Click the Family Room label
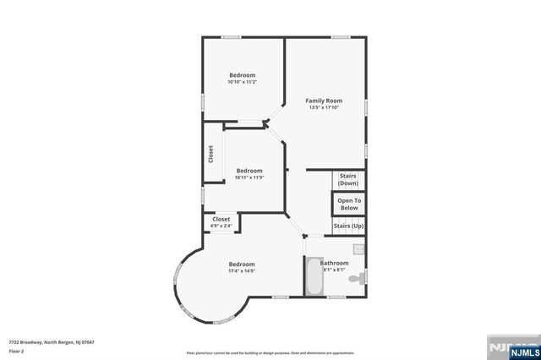(324, 101)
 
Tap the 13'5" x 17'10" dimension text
(324, 107)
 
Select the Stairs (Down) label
(348, 179)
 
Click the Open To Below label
(348, 204)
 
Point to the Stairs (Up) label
(348, 226)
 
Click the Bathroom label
(334, 263)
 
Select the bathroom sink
(358, 249)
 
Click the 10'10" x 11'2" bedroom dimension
(242, 82)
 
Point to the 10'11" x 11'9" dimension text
(249, 177)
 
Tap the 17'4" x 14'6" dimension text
(242, 271)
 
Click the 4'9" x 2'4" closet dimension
(221, 226)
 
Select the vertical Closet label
(210, 155)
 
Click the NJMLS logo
(508, 346)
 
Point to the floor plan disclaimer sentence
(270, 352)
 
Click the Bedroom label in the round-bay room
(242, 264)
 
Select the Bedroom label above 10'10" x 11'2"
(242, 75)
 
